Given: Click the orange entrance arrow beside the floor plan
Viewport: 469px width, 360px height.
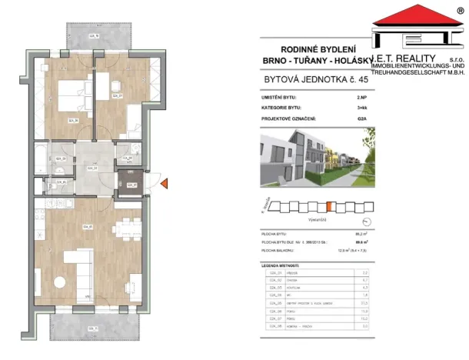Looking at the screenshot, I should [x=163, y=182].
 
